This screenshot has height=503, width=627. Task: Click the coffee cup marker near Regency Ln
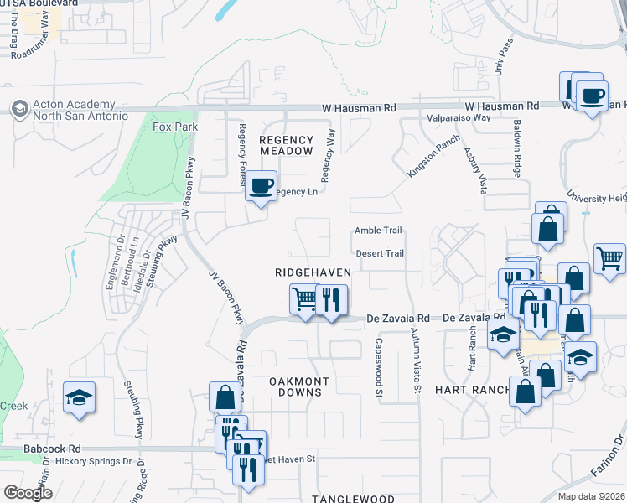[262, 184]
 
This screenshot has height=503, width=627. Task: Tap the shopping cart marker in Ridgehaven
[304, 299]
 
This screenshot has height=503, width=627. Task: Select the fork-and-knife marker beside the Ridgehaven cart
[331, 299]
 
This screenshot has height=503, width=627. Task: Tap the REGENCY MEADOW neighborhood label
[285, 145]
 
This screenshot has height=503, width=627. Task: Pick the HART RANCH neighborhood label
[472, 390]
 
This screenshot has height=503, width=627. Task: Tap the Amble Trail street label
[378, 231]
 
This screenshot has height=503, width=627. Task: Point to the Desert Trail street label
[380, 253]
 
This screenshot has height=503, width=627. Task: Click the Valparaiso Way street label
[459, 118]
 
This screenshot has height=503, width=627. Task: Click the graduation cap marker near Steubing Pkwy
[78, 397]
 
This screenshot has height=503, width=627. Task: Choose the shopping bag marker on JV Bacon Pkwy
[225, 398]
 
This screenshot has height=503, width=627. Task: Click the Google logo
[28, 493]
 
